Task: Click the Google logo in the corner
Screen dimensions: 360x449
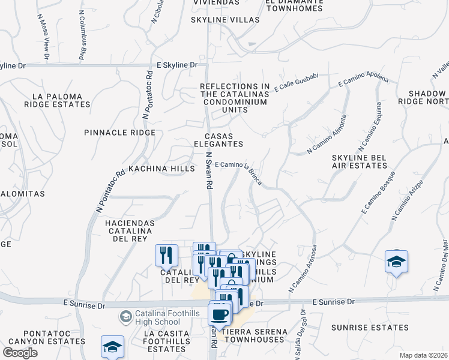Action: pos(20,353)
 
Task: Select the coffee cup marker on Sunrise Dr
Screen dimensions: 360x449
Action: pos(220,314)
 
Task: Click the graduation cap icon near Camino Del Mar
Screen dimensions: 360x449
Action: pos(396,262)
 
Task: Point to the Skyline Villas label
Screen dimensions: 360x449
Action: pos(225,20)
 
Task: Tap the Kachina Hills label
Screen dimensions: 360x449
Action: pos(162,169)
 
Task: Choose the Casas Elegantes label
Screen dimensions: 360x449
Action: pos(218,140)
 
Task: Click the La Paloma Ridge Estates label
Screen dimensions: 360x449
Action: pos(56,100)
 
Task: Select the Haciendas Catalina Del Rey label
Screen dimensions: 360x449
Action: pos(130,230)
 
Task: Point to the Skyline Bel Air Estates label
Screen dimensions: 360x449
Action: pos(358,161)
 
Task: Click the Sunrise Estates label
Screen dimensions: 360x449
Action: pos(370,328)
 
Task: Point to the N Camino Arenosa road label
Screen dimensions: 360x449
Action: pos(304,268)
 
